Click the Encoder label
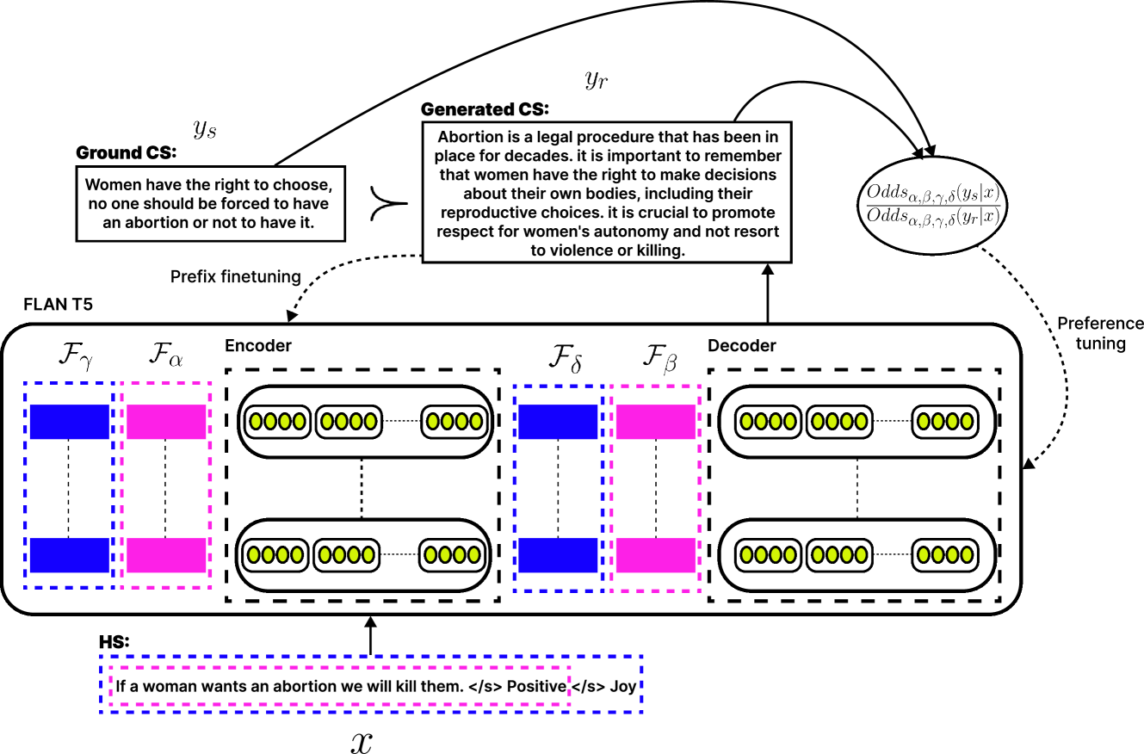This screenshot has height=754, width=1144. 258,346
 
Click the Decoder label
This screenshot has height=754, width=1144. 741,346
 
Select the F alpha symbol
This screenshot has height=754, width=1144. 165,355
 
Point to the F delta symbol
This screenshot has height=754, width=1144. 565,356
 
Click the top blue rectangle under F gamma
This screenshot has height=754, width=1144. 70,422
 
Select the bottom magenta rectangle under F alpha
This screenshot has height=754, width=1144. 166,555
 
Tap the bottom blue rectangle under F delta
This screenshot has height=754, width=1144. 558,555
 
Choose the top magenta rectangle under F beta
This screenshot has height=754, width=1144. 655,422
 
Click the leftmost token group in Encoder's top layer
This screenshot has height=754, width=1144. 276,422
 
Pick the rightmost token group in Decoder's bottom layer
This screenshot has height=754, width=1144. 945,555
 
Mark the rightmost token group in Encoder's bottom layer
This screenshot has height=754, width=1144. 452,555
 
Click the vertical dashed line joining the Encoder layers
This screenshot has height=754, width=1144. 362,488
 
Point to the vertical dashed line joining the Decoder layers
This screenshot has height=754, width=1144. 856,488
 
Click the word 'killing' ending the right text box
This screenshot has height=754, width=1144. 659,250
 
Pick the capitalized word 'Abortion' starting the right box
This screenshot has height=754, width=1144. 470,138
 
